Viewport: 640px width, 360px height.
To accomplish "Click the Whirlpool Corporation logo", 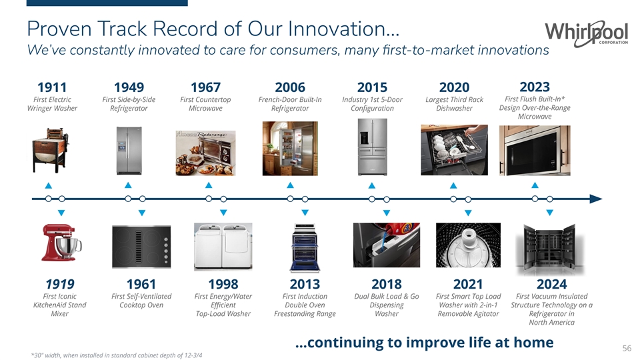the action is click(586, 33).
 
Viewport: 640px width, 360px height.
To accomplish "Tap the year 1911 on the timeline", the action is click(52, 87).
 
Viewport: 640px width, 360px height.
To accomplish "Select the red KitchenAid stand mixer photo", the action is click(61, 243).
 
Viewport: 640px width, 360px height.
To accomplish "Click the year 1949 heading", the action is click(129, 87).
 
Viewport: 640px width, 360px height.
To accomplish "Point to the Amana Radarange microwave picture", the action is click(206, 153).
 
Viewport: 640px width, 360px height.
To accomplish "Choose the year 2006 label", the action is click(290, 87).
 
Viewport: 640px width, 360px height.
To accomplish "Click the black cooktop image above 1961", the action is click(141, 247).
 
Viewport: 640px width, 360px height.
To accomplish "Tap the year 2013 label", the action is click(305, 284).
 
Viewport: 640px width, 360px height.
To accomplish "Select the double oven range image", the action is click(305, 247).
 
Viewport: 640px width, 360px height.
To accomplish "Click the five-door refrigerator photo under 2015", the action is click(372, 147).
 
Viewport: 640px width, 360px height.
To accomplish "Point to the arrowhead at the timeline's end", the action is click(596, 199).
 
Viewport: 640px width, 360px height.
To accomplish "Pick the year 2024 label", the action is click(551, 284).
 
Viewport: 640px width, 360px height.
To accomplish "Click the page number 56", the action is click(627, 348).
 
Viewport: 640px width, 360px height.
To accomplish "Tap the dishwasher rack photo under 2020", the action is click(454, 150).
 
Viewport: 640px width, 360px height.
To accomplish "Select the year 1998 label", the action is click(223, 284).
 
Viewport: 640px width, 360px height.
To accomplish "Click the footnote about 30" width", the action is click(117, 355).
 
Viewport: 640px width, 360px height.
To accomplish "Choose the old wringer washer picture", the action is click(51, 150).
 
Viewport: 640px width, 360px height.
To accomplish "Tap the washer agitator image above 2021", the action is click(468, 245).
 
